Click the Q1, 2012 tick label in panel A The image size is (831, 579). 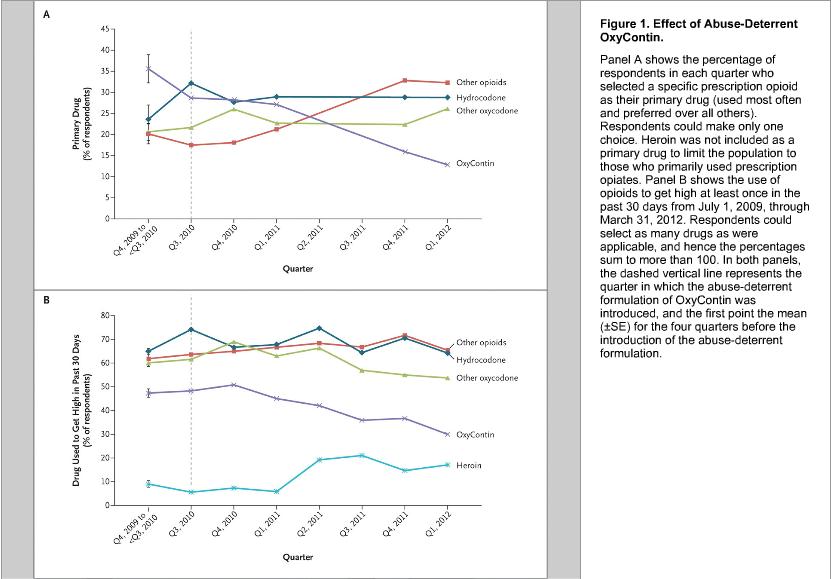(439, 239)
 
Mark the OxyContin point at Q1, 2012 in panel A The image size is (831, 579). (447, 165)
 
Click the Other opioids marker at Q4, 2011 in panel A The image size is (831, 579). (404, 80)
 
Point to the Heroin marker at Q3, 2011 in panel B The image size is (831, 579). (361, 455)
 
